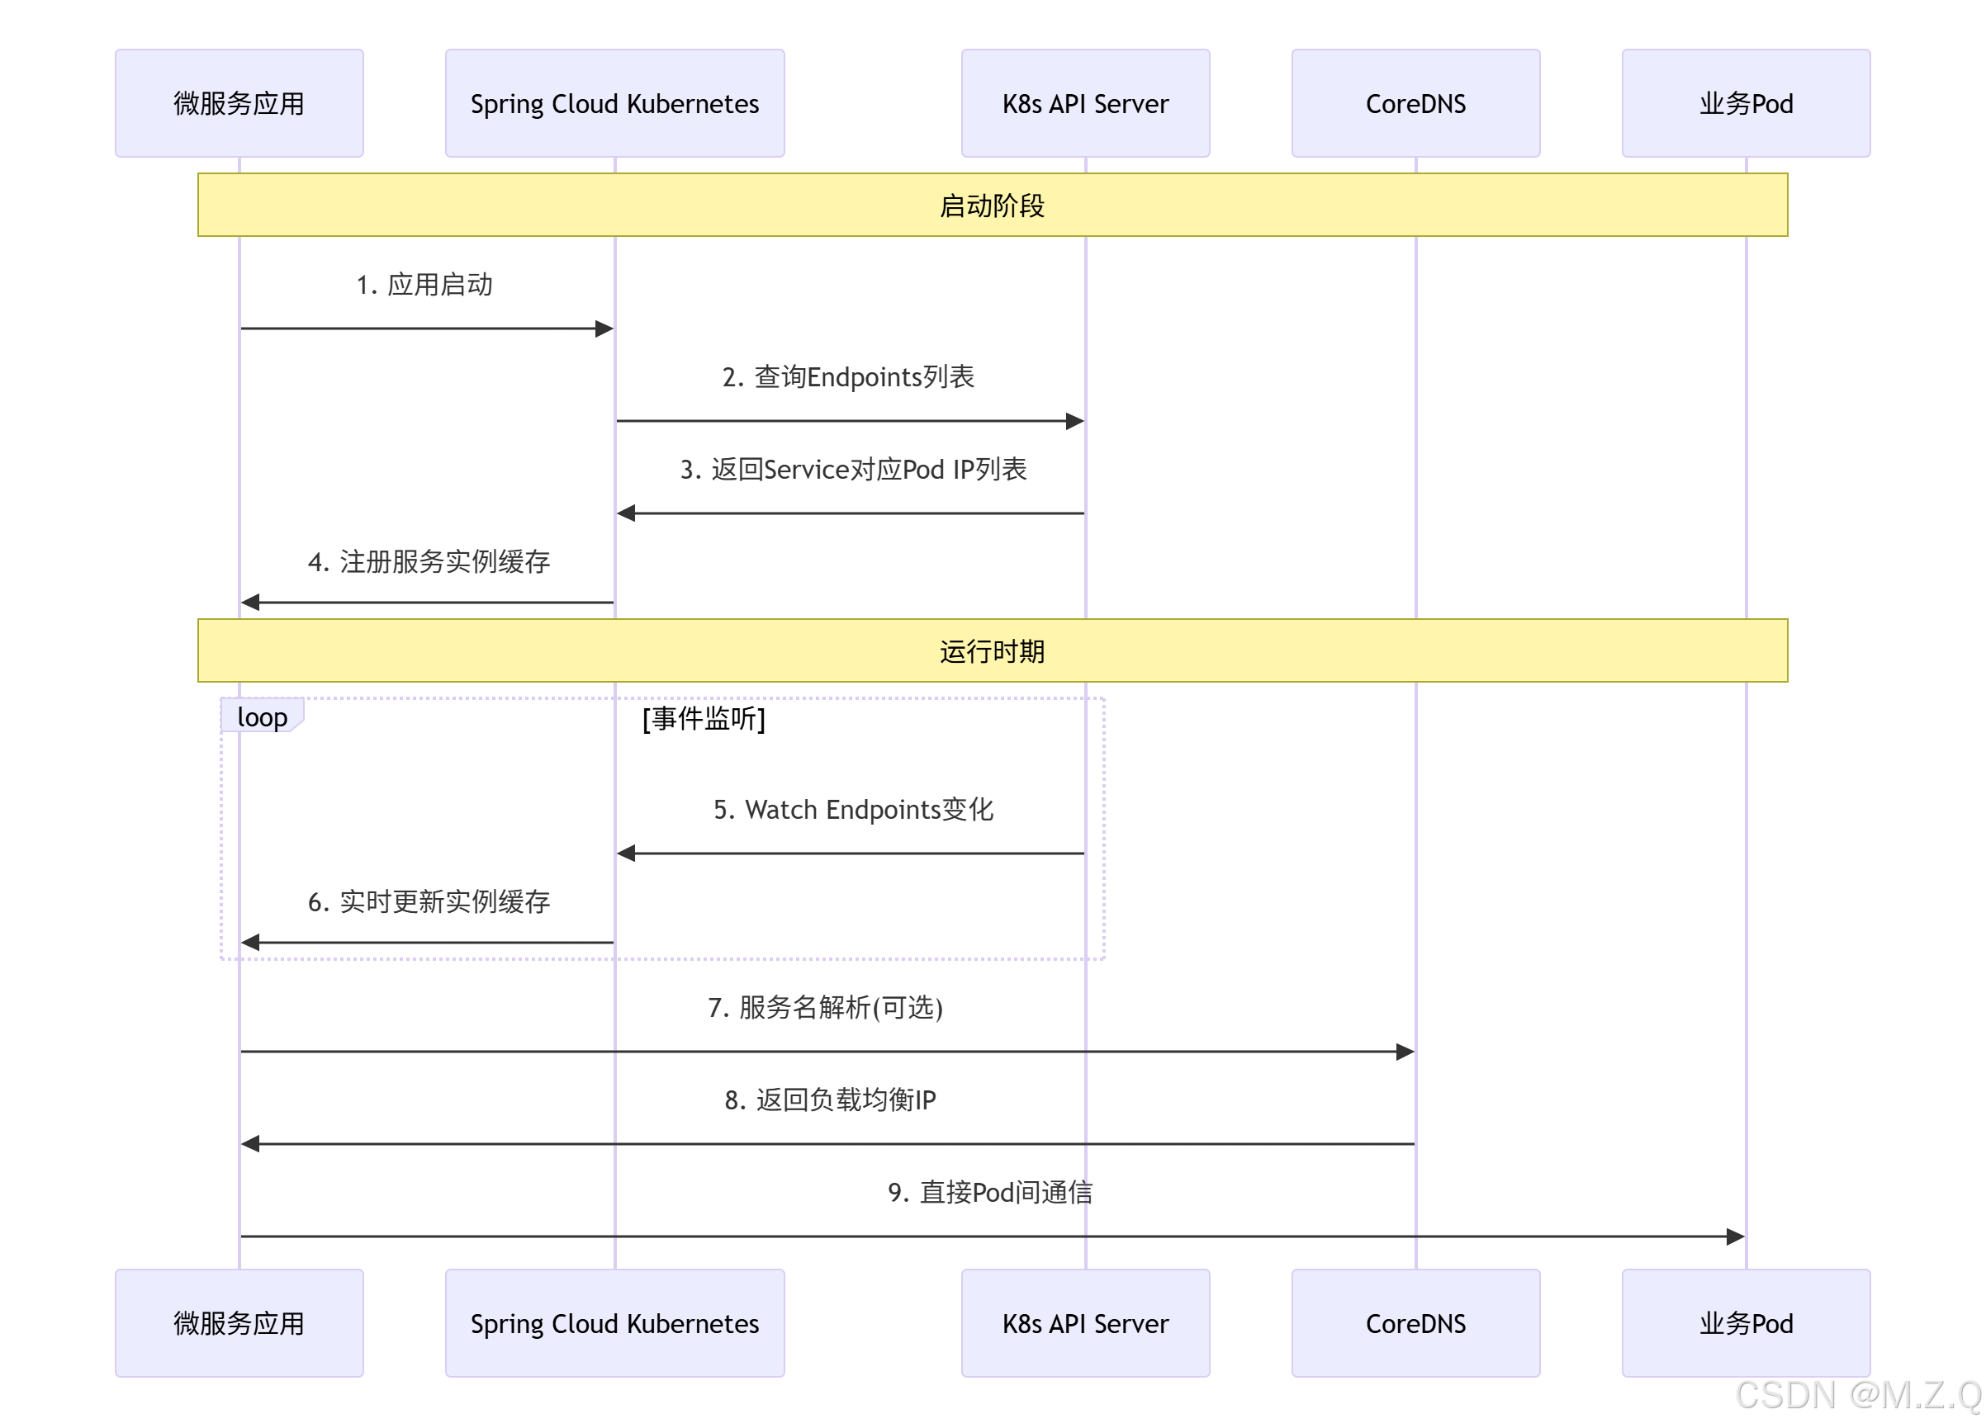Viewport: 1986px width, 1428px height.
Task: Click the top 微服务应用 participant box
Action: coord(239,103)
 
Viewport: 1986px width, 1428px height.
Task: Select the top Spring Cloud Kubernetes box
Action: coord(614,103)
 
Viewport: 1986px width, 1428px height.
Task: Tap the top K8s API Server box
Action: coord(1085,103)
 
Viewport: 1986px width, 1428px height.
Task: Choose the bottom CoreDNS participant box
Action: coord(1415,1323)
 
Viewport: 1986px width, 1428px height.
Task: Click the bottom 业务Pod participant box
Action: coord(1745,1323)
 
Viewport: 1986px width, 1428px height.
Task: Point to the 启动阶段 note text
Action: coord(992,206)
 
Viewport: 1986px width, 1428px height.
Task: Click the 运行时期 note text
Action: coord(992,651)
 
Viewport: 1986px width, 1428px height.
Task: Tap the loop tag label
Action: coord(262,716)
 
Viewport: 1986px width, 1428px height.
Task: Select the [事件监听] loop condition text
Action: coord(704,719)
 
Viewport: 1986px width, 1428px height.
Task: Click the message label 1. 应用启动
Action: coord(424,285)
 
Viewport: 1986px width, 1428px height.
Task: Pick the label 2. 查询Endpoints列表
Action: coord(847,376)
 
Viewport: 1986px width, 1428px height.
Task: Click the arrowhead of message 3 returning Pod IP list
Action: coord(626,513)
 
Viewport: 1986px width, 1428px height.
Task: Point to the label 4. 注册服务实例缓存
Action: coord(429,561)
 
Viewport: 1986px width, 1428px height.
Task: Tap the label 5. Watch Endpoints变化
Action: coord(853,809)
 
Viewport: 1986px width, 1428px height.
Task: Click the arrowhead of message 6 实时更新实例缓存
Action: coord(250,942)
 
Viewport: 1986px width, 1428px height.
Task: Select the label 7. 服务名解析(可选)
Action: coord(825,1007)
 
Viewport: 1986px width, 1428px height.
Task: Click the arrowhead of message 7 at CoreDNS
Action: coord(1405,1052)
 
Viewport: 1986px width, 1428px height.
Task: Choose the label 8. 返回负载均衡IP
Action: coord(829,1099)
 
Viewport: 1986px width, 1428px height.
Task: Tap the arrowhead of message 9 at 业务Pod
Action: coord(1735,1236)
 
